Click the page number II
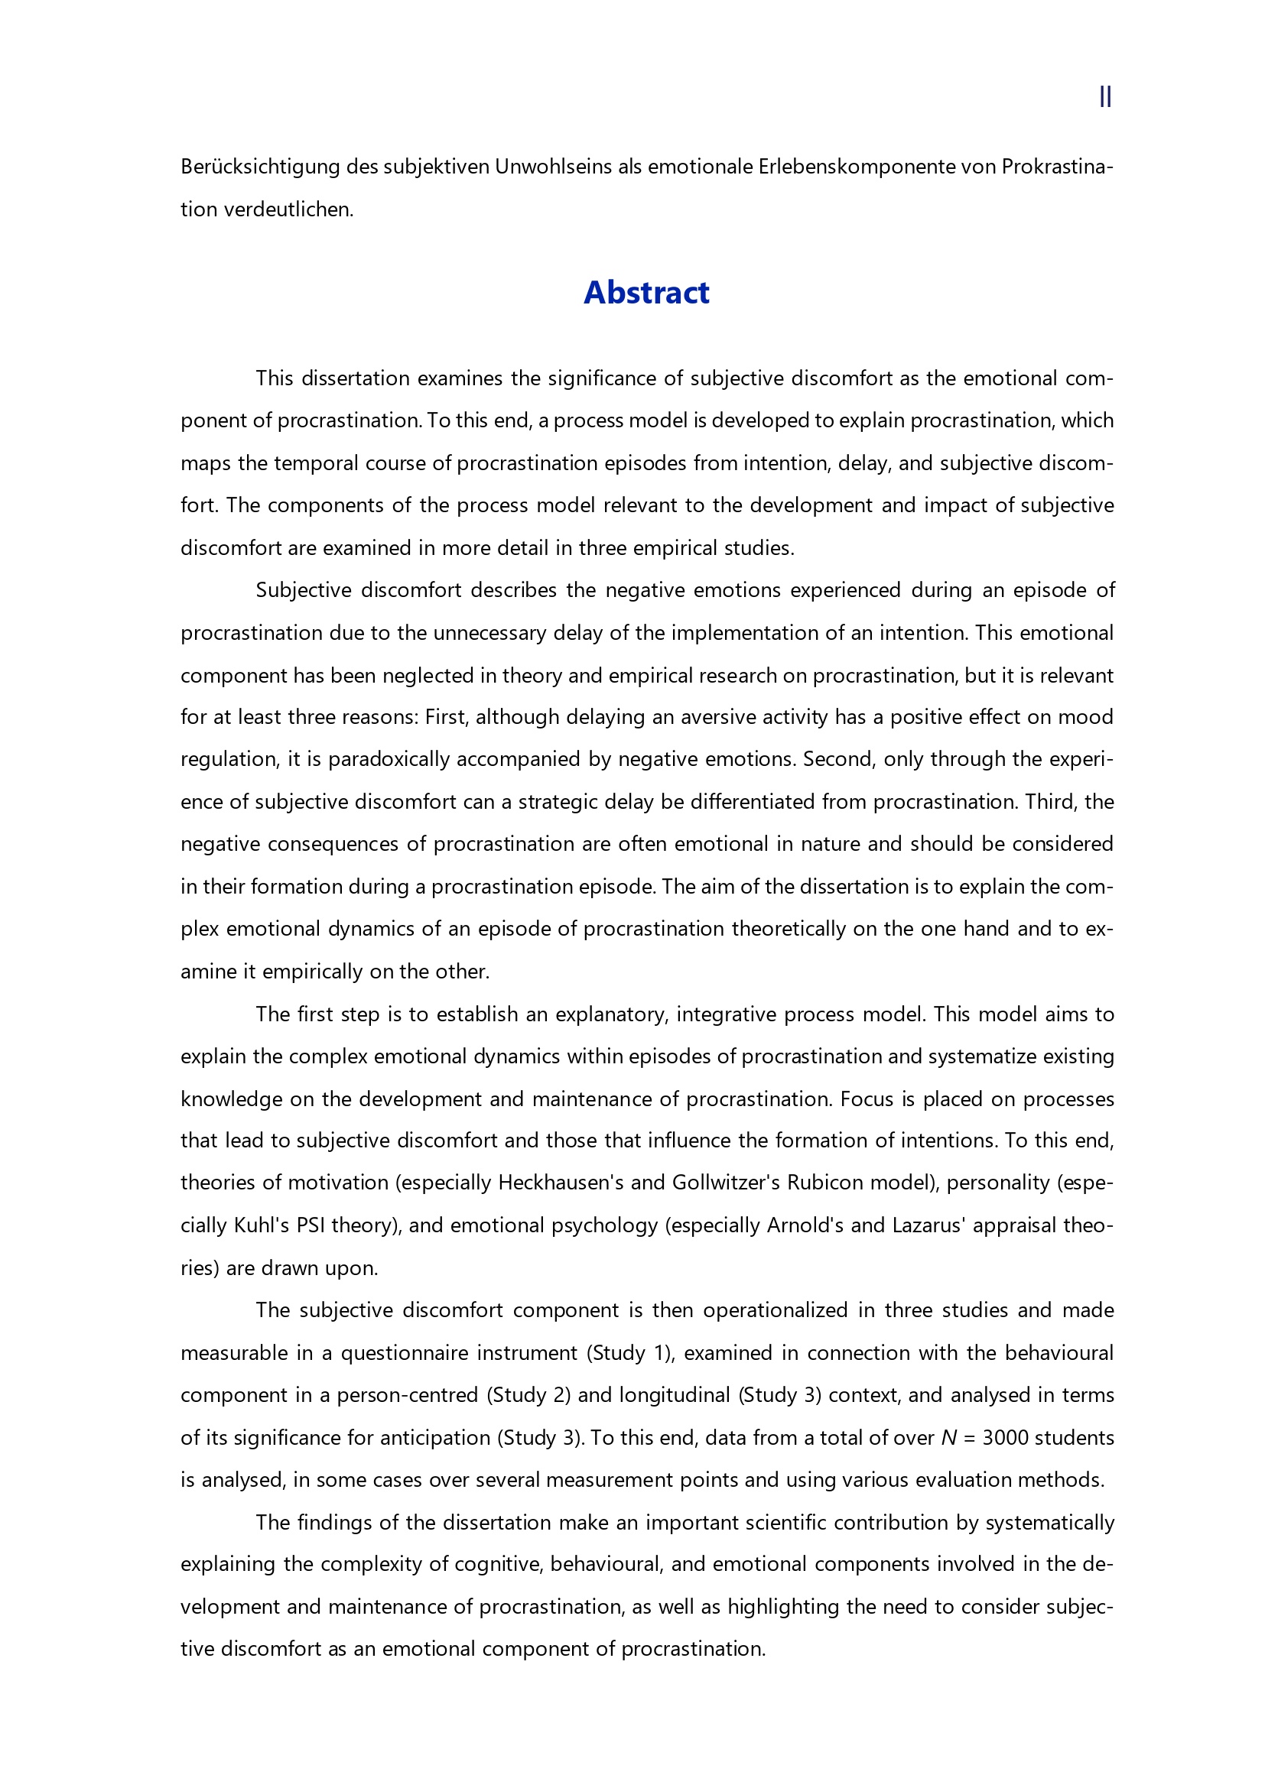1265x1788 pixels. [1104, 96]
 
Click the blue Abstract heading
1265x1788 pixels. [646, 293]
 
